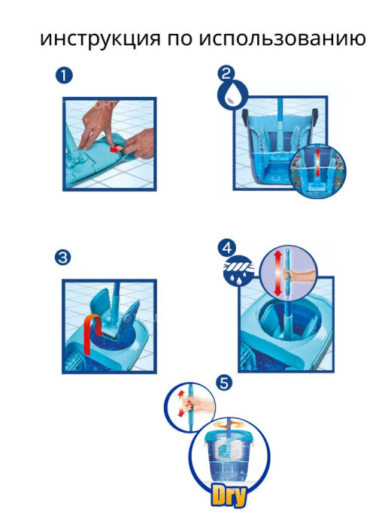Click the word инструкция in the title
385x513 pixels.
(x=101, y=38)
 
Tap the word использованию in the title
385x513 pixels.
(x=283, y=38)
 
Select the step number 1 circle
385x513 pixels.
(x=64, y=76)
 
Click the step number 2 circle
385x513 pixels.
(x=226, y=74)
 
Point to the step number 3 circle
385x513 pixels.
(x=63, y=258)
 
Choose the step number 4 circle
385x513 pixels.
(x=227, y=247)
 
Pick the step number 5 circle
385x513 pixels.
(x=224, y=383)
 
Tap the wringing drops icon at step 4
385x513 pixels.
(x=238, y=271)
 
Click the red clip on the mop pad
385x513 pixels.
(x=115, y=149)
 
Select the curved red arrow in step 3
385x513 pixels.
(x=92, y=333)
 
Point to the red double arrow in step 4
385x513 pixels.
(x=278, y=273)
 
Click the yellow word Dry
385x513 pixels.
(x=229, y=497)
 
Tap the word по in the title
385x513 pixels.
(x=180, y=39)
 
